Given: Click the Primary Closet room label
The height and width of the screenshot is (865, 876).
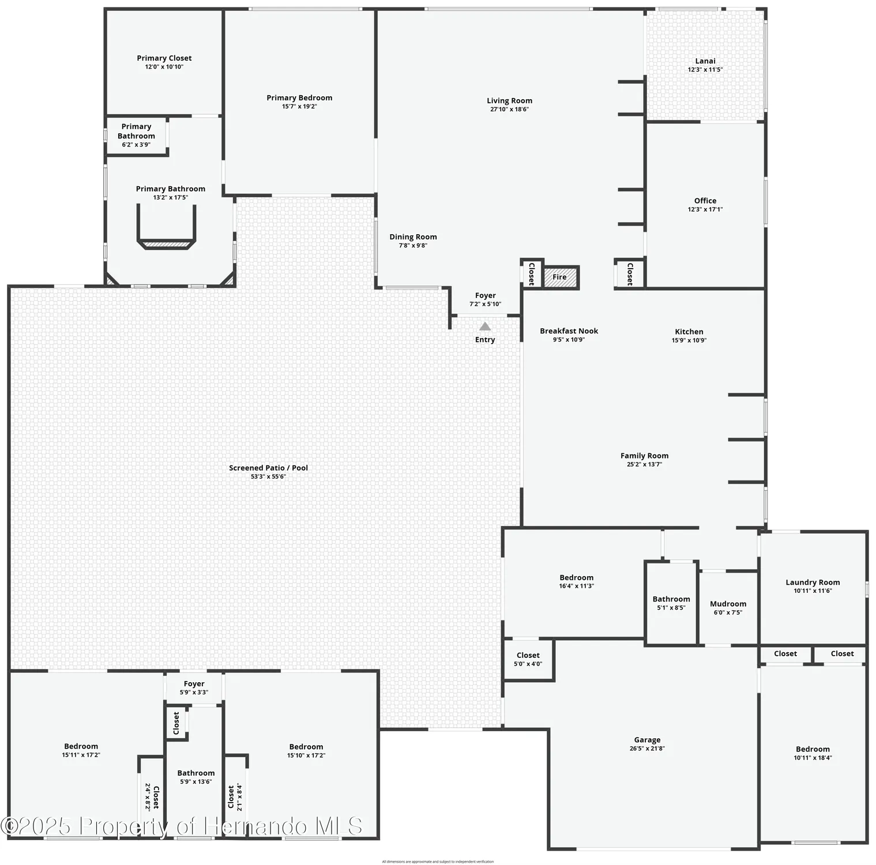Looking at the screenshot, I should tap(164, 58).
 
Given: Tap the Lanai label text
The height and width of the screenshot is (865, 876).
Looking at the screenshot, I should tap(705, 61).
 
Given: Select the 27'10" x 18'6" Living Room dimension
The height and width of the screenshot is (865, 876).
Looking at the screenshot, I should tap(509, 110).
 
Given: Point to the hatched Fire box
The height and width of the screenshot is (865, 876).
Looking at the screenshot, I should tap(560, 277).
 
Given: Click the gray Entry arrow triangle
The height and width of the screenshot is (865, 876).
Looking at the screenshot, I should tap(485, 326).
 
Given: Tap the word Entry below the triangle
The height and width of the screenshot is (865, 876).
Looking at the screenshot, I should tap(485, 340).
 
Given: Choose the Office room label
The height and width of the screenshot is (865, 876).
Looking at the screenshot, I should tap(705, 201).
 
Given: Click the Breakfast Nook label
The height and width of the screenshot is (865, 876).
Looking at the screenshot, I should tap(569, 331).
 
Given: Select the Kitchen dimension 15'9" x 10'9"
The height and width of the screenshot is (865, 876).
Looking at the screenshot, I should tap(689, 340).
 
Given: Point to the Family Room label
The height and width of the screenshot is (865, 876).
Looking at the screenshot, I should tap(644, 456).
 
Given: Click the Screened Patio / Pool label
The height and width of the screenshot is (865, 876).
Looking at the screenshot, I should tap(268, 468).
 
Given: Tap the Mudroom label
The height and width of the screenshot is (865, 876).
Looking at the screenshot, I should tap(728, 604).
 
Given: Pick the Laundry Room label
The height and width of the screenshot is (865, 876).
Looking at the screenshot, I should tap(813, 582).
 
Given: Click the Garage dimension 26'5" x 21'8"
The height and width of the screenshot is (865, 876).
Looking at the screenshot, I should tap(647, 749).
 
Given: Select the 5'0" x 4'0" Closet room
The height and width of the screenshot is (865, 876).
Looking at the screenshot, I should tap(528, 659).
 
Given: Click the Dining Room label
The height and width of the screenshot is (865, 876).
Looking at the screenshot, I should tap(413, 237).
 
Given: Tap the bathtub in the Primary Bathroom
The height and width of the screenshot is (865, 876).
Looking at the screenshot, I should tap(166, 231).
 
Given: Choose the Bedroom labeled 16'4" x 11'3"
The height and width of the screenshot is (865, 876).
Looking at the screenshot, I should tap(576, 578).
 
